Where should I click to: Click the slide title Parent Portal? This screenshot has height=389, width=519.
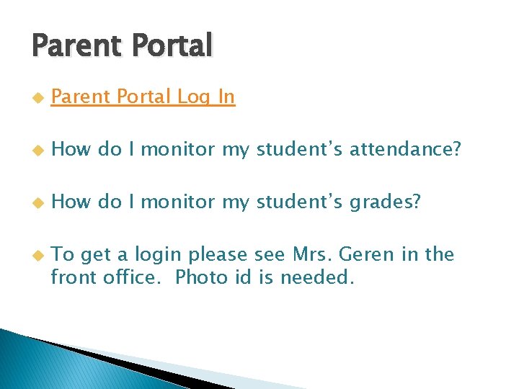(122, 46)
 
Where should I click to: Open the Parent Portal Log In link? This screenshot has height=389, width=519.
(143, 97)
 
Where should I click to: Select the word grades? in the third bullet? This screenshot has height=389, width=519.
(385, 202)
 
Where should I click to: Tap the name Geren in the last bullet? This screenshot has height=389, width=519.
(367, 254)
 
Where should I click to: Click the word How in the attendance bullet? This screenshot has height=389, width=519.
(71, 149)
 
